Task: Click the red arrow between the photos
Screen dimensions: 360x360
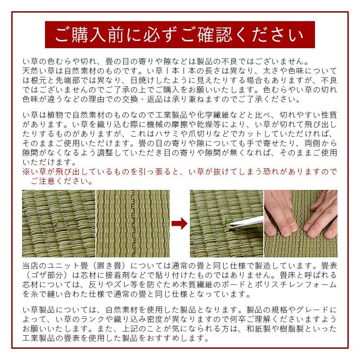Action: point(180,223)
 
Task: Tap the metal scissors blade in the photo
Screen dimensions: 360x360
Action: point(246,223)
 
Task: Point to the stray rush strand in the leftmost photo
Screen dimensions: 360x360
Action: point(57,222)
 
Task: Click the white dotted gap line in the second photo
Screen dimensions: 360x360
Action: point(132,223)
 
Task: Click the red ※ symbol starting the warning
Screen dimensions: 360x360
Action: point(27,171)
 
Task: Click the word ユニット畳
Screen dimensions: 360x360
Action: point(68,266)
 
